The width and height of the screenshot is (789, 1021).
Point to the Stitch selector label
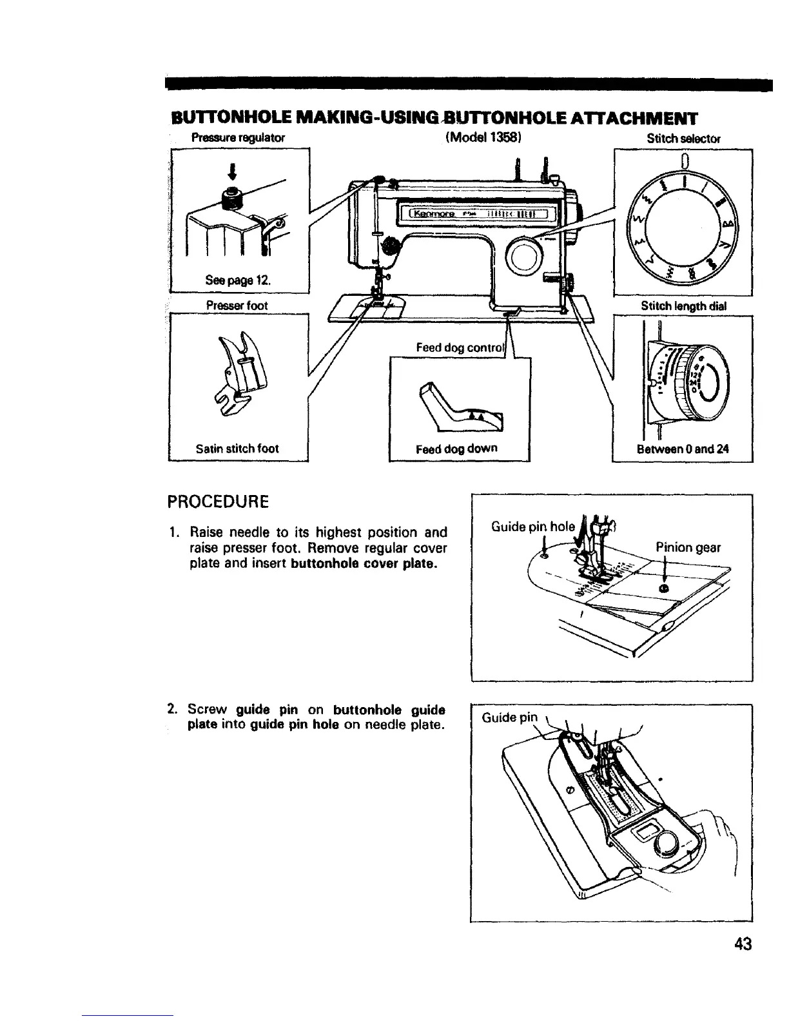683,138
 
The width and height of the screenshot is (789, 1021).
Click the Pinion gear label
688,548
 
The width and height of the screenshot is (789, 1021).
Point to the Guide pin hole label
532,526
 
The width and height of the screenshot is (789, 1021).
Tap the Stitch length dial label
684,306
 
